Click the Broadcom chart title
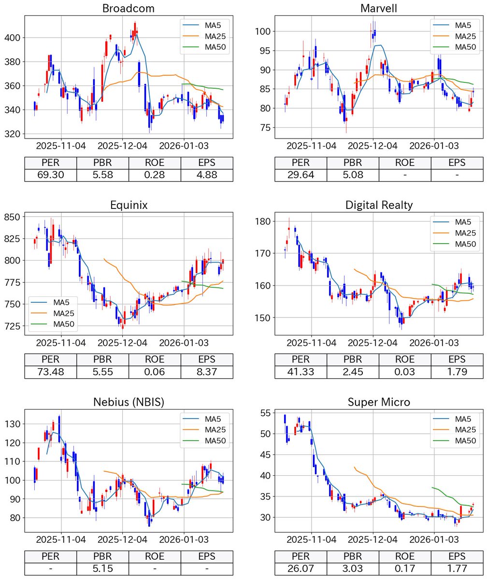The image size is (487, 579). click(x=129, y=8)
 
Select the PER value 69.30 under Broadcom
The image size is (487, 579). click(x=50, y=175)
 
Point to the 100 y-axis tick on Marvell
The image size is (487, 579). click(x=264, y=31)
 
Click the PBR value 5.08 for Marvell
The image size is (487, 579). click(x=353, y=175)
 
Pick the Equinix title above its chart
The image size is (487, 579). click(x=129, y=205)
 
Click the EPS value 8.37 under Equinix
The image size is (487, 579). click(x=207, y=372)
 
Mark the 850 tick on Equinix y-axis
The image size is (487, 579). click(x=13, y=217)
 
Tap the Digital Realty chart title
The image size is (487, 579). click(x=379, y=205)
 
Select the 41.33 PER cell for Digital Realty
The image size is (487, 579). click(x=301, y=372)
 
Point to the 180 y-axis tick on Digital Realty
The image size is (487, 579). click(x=264, y=221)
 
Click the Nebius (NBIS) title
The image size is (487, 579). click(x=129, y=402)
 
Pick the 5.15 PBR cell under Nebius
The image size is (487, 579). click(x=102, y=569)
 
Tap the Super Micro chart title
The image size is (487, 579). click(x=379, y=402)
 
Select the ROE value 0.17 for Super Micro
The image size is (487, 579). click(x=405, y=569)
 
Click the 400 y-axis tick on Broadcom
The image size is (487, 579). click(x=13, y=38)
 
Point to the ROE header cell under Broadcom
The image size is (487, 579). click(x=155, y=163)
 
